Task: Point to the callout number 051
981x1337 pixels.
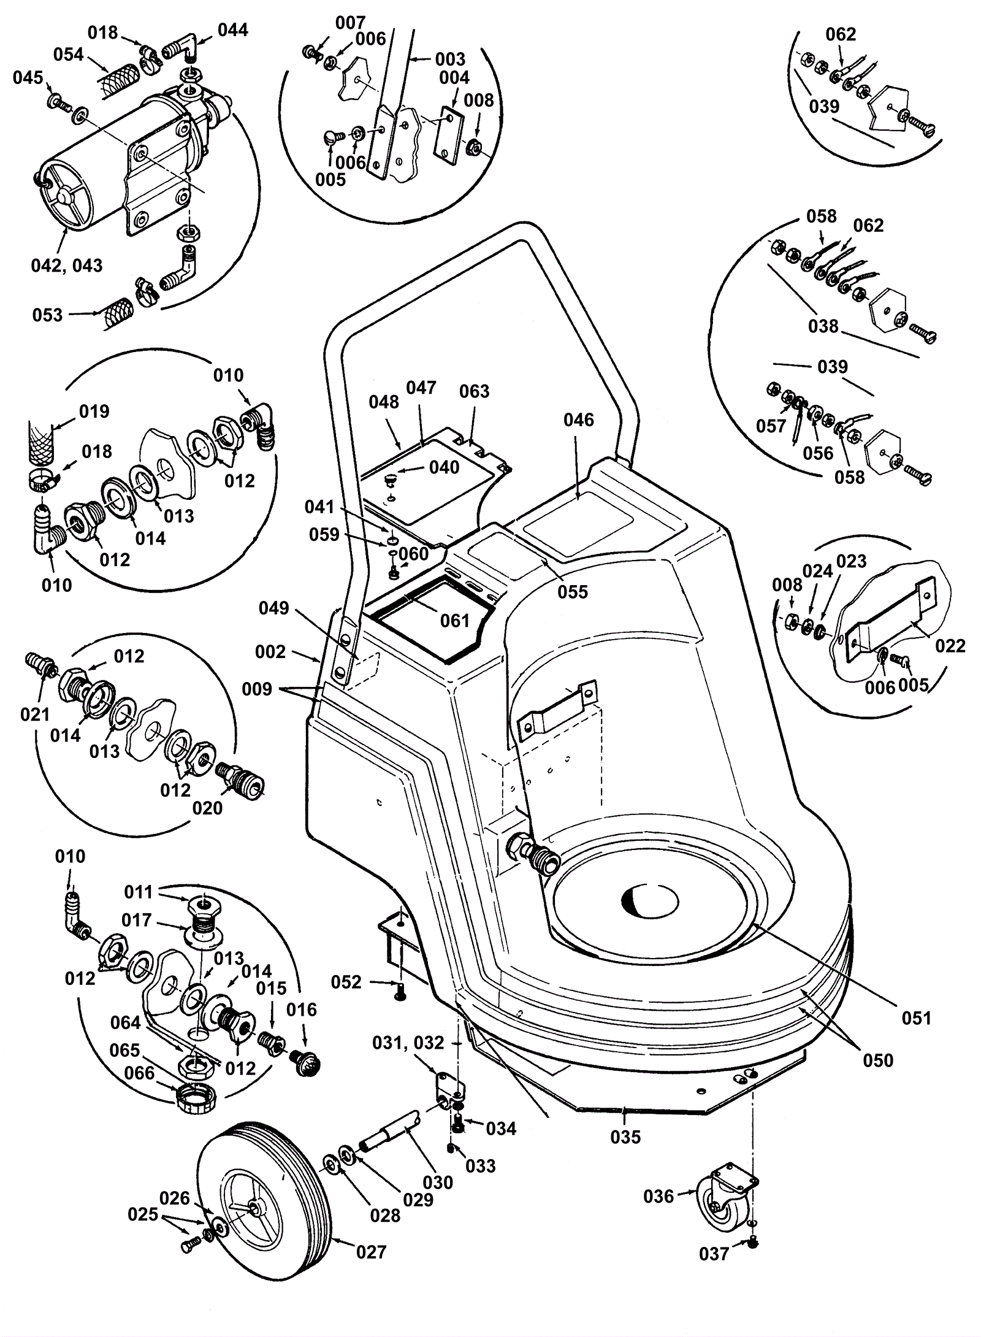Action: [916, 1018]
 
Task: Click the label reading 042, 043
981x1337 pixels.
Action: [67, 266]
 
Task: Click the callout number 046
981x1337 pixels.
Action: [579, 420]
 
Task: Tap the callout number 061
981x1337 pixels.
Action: [454, 620]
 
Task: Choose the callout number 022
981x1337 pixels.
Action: [950, 645]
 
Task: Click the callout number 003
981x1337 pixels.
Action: [450, 59]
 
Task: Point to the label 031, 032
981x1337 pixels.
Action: [408, 1043]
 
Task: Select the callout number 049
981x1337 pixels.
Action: [273, 608]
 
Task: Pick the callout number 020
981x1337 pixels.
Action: [207, 808]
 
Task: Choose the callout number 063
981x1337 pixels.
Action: [474, 391]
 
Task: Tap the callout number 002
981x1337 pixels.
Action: [270, 651]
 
